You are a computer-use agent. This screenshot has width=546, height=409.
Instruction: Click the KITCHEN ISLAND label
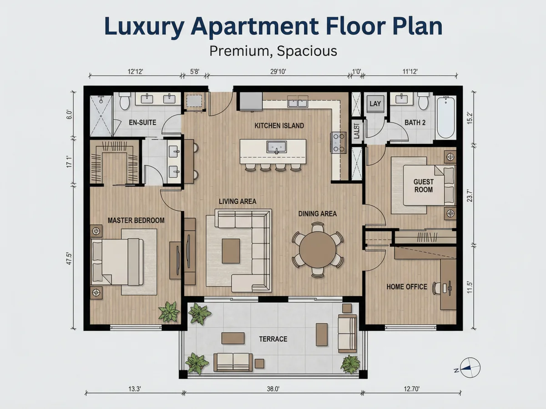click(x=279, y=126)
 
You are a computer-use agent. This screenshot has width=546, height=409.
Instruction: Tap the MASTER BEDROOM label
click(x=136, y=220)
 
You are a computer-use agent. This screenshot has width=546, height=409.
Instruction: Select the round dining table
click(x=318, y=250)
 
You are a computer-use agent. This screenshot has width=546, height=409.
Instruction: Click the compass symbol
click(x=470, y=368)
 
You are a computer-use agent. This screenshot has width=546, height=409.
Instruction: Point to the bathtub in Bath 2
click(x=446, y=117)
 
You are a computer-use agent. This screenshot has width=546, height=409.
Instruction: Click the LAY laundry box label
click(x=375, y=104)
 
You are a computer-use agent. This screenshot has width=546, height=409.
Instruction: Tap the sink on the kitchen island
click(x=276, y=147)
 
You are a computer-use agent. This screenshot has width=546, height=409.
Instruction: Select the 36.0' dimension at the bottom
click(x=273, y=389)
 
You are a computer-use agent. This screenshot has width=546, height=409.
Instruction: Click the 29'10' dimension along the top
click(x=278, y=72)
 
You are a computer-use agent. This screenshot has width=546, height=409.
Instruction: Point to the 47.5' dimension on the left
click(x=69, y=259)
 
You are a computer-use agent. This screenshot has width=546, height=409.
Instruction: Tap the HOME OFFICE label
click(x=407, y=287)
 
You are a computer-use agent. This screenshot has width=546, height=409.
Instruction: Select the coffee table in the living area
click(x=231, y=251)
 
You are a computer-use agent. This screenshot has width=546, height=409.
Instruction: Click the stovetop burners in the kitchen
click(x=339, y=143)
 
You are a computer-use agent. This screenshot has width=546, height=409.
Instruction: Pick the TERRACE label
click(x=273, y=339)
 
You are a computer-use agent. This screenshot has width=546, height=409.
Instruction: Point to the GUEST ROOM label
click(x=423, y=186)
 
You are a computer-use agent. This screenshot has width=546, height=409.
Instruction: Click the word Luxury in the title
click(x=145, y=26)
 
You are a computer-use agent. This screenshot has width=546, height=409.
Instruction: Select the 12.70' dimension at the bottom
click(x=412, y=389)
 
